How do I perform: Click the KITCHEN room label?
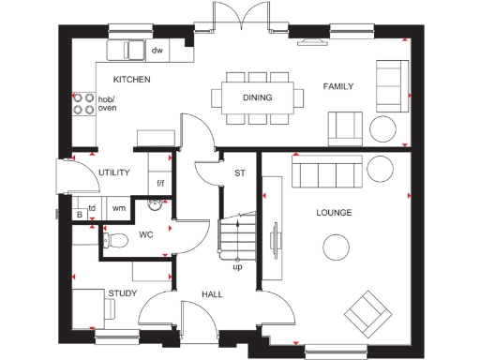[x=132, y=80]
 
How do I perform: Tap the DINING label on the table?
[x=257, y=97]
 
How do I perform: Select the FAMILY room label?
[x=337, y=86]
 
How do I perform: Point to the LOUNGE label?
[x=334, y=213]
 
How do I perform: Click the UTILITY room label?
[x=113, y=172]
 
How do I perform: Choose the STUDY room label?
[x=122, y=294]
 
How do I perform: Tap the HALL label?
[x=212, y=294]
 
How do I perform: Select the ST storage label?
[x=239, y=172]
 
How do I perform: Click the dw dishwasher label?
[x=157, y=51]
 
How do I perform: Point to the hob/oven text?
[x=107, y=103]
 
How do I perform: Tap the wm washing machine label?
[x=119, y=207]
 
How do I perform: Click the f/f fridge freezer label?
[x=160, y=183]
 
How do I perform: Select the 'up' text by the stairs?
[x=238, y=267]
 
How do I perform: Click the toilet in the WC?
[x=115, y=240]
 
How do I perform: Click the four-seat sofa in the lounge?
[x=325, y=172]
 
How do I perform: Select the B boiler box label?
[x=80, y=215]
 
